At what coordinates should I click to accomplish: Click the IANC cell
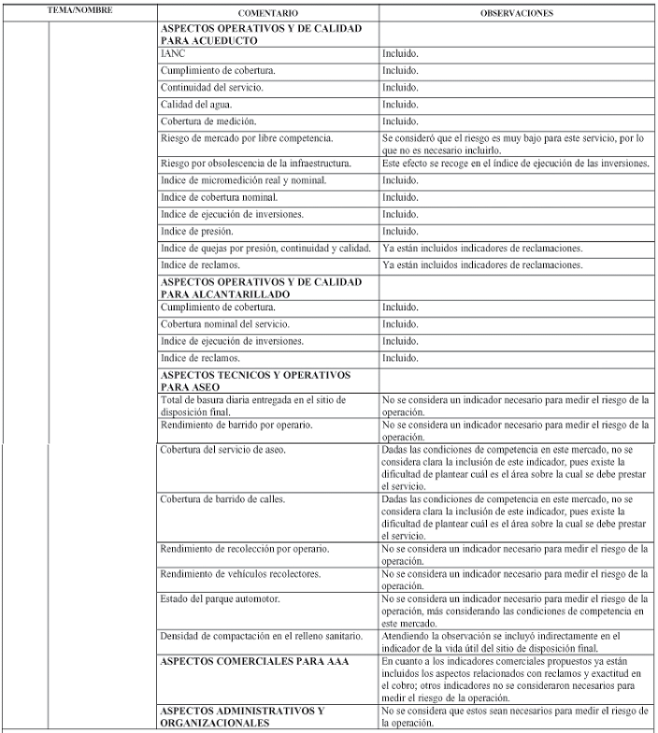pos(173,54)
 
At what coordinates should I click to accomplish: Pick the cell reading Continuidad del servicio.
pos(211,88)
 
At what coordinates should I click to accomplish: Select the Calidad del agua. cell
pos(195,105)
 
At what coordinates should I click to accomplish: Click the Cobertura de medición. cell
pos(207,122)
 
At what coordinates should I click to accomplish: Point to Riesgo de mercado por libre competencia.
pos(247,138)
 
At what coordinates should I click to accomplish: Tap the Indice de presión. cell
pos(196,231)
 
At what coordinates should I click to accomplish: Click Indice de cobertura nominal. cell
pos(219,197)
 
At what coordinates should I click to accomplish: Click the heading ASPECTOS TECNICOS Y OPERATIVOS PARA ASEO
pos(243,381)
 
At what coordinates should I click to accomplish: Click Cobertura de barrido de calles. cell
pos(222,498)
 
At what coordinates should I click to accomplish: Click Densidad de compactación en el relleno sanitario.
pos(261,636)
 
